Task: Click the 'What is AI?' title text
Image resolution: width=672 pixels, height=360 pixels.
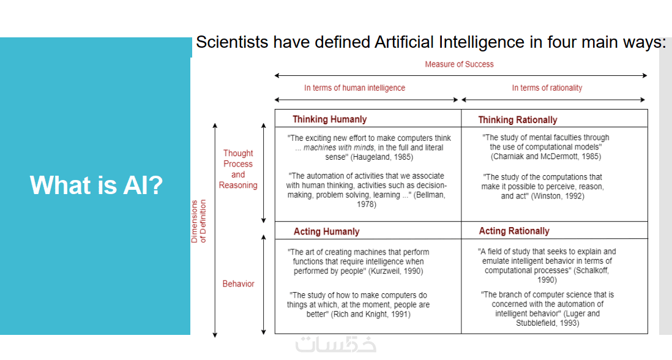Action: pyautogui.click(x=97, y=185)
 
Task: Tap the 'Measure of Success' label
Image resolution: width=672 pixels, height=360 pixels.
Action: pyautogui.click(x=459, y=64)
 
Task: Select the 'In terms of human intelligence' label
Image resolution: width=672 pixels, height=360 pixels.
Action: pyautogui.click(x=354, y=88)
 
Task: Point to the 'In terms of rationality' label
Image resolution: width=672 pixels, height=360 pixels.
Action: pyautogui.click(x=547, y=88)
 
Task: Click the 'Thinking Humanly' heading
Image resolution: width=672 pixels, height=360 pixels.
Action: pyautogui.click(x=329, y=119)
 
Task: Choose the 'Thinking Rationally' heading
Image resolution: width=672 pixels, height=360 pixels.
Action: pyautogui.click(x=518, y=120)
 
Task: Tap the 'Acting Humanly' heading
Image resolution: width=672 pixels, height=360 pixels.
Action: pyautogui.click(x=327, y=231)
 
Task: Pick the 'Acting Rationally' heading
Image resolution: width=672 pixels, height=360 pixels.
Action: pyautogui.click(x=514, y=231)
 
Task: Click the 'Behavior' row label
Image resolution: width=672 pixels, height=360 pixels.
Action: pyautogui.click(x=238, y=283)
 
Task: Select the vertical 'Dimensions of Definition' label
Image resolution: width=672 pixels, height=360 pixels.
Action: pyautogui.click(x=198, y=221)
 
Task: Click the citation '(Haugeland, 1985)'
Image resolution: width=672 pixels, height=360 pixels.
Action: pyautogui.click(x=382, y=157)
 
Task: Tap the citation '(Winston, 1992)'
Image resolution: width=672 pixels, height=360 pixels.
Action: pyautogui.click(x=558, y=196)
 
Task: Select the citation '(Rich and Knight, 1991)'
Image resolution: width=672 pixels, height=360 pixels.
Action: pyautogui.click(x=371, y=314)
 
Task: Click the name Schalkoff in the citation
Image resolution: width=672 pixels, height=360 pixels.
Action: pyautogui.click(x=592, y=271)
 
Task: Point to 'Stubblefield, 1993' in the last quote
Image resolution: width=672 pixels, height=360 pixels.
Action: pyautogui.click(x=547, y=323)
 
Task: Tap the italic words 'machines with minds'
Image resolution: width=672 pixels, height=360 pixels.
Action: pyautogui.click(x=338, y=148)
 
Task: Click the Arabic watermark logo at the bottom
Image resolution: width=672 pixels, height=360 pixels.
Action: pyautogui.click(x=335, y=343)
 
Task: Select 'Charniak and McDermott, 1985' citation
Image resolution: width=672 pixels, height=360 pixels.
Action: pyautogui.click(x=546, y=157)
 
